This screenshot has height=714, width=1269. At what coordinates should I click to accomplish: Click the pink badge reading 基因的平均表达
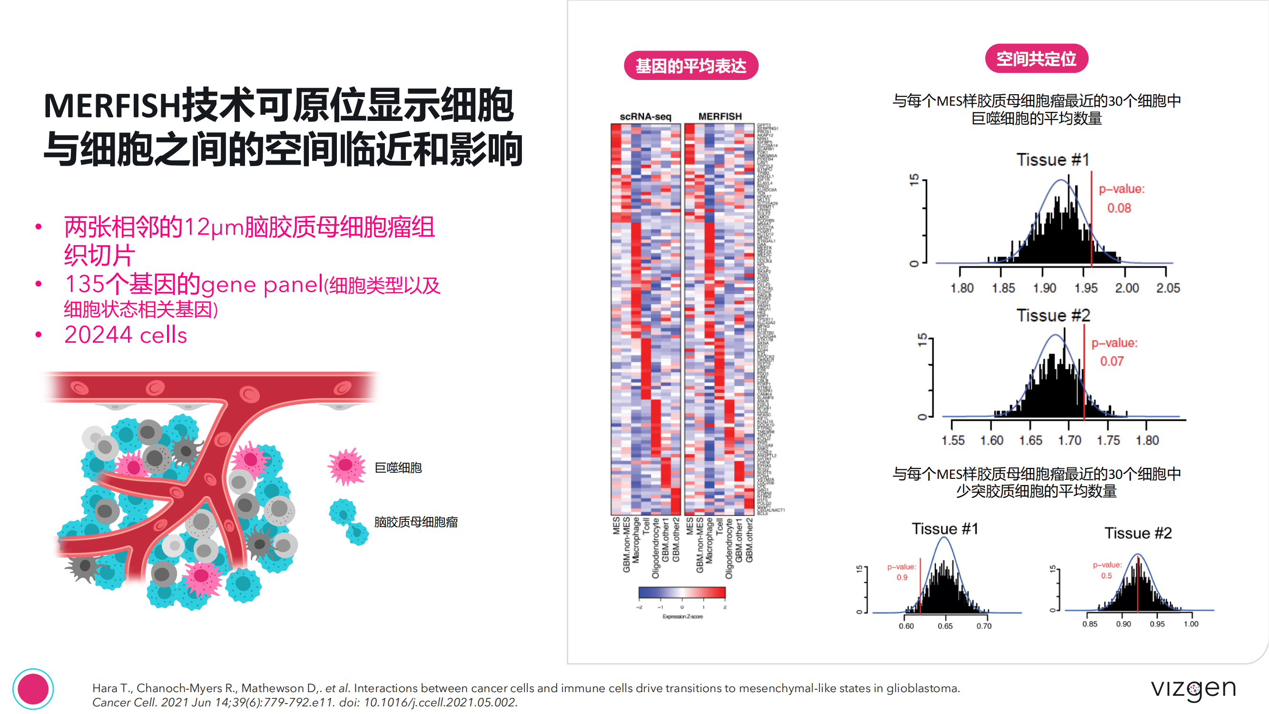tap(691, 66)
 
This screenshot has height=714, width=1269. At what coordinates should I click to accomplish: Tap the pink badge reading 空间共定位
tap(1036, 59)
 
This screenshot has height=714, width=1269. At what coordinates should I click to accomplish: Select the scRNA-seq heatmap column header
tap(645, 117)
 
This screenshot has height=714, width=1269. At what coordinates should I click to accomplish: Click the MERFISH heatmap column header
tap(720, 117)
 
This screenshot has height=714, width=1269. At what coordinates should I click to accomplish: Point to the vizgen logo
tap(1193, 689)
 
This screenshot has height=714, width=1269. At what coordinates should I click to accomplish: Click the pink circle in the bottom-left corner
tap(33, 688)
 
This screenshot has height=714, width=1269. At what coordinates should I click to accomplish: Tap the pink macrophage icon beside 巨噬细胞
tap(346, 466)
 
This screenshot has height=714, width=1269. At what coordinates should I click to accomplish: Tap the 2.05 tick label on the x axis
tap(1168, 288)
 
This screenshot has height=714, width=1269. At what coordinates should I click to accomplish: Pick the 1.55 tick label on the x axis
tap(953, 440)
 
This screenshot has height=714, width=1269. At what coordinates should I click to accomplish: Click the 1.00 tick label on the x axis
tap(1190, 624)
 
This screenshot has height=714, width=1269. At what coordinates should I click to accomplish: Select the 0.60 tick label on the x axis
tap(906, 626)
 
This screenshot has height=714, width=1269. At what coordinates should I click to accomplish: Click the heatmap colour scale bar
tap(682, 592)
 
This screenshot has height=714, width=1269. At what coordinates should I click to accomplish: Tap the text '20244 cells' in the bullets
tap(126, 335)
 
